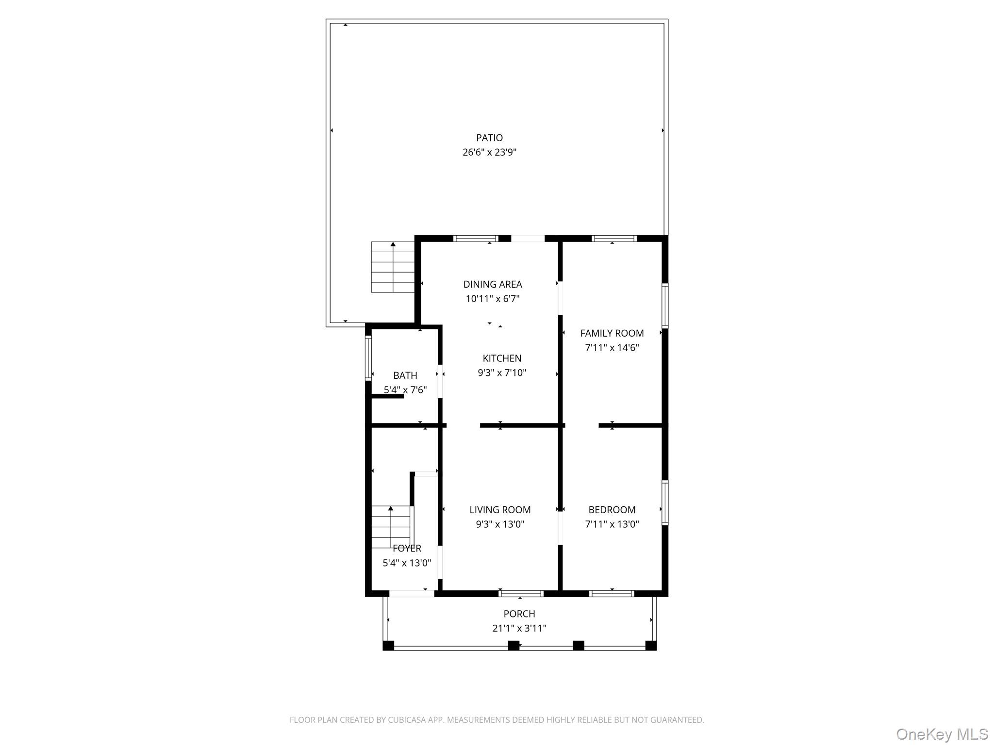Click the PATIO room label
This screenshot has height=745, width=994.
[x=489, y=138]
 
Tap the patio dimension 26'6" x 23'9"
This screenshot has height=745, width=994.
[x=489, y=152]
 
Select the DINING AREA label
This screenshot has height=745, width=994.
[x=493, y=284]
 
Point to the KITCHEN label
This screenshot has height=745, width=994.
[x=502, y=358]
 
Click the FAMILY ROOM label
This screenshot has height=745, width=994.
[x=612, y=333]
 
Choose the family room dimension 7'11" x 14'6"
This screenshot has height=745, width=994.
[x=612, y=348]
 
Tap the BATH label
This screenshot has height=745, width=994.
[x=405, y=375]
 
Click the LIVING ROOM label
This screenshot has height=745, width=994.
[x=500, y=510]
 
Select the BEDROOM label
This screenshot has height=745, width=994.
[x=612, y=510]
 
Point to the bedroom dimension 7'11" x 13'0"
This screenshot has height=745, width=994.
[x=612, y=524]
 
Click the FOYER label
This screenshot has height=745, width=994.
[x=407, y=549]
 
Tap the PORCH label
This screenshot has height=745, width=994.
[x=519, y=614]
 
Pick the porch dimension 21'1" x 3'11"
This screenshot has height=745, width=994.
[x=519, y=629]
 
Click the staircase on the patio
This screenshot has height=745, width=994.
[x=393, y=267]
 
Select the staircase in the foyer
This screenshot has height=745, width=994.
[x=391, y=526]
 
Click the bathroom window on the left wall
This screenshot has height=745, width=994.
[x=368, y=358]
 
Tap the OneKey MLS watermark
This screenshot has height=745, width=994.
[x=942, y=734]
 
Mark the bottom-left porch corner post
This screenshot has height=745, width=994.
[x=388, y=646]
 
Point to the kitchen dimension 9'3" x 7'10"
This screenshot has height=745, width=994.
[x=502, y=373]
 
